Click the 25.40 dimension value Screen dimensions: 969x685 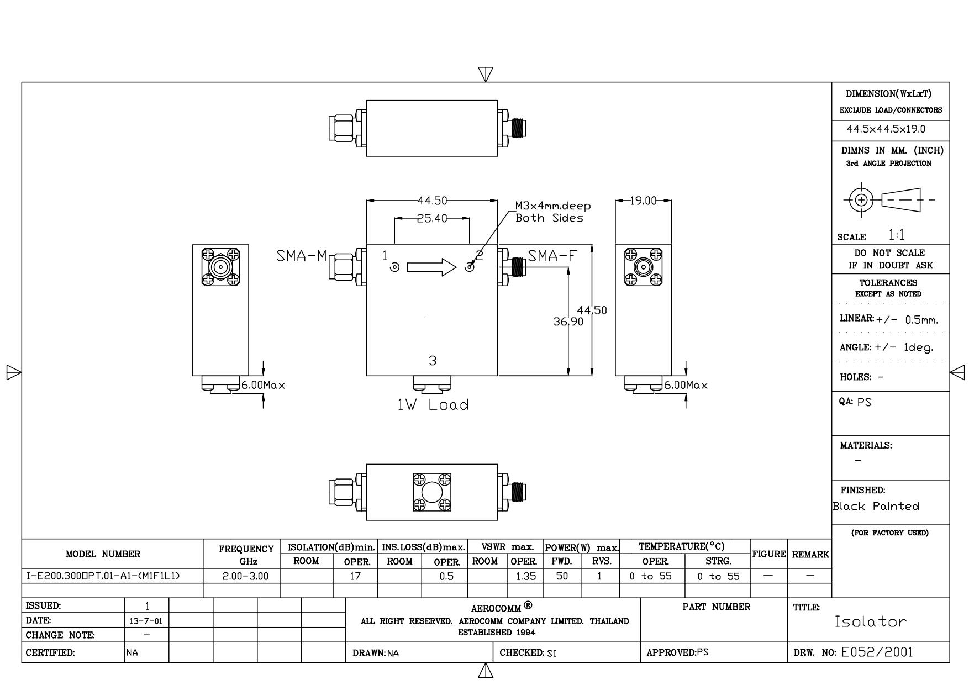432,219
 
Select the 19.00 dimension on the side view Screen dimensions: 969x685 643,201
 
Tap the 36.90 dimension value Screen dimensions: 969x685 568,322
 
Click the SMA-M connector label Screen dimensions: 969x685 302,256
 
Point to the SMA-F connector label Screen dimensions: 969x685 552,256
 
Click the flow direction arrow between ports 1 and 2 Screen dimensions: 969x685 432,268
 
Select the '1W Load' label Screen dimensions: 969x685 433,405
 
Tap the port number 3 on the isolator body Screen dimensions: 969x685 433,361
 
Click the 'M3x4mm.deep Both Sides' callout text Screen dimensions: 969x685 553,212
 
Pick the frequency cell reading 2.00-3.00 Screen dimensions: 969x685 245,576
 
